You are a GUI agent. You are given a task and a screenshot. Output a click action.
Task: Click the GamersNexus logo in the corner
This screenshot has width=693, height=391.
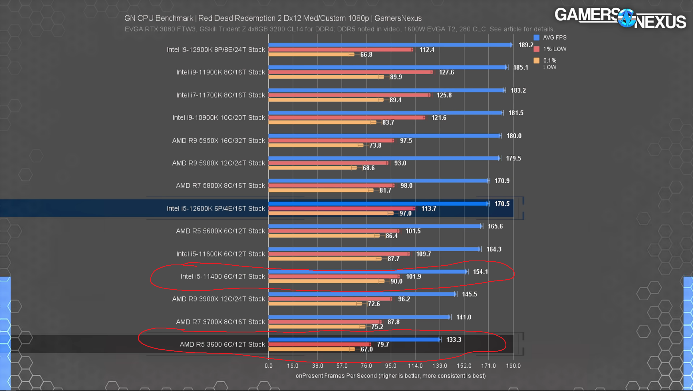620,18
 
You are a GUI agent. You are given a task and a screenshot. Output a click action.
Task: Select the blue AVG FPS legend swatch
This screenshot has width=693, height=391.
536,37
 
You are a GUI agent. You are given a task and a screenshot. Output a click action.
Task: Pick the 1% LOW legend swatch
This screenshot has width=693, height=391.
536,49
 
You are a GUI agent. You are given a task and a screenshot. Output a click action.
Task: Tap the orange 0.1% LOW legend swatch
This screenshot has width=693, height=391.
536,61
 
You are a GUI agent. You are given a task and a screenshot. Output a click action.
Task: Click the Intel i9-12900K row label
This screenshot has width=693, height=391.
216,50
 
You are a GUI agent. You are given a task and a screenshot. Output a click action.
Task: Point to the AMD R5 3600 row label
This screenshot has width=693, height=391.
222,344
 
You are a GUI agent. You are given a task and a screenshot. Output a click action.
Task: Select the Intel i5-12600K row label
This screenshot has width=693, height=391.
216,208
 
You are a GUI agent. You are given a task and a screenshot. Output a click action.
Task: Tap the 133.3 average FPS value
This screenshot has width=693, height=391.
454,340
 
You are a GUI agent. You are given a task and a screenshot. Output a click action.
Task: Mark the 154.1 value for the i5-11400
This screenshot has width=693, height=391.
480,272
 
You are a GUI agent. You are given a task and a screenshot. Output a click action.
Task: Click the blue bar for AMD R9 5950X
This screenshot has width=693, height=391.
384,136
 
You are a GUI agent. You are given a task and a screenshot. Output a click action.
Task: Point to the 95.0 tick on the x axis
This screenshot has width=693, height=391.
390,366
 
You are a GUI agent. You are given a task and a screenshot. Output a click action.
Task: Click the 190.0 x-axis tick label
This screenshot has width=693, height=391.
513,366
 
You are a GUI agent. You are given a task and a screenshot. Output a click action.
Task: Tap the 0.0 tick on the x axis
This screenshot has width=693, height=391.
268,366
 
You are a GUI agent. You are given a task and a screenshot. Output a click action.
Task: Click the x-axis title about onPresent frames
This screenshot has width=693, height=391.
390,376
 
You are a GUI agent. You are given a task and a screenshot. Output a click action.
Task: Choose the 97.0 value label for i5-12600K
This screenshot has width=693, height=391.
405,213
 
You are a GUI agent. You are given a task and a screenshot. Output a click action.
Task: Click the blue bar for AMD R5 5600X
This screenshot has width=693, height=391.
375,226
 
